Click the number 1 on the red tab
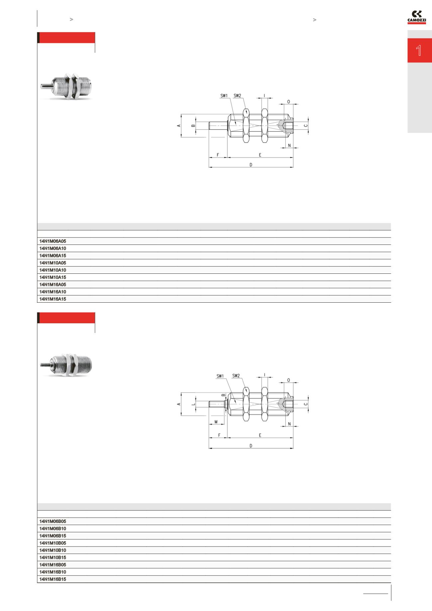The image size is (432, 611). coord(419,51)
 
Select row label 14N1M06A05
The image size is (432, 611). coord(53,241)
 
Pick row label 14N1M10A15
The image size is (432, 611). coord(53,277)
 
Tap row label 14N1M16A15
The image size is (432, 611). coord(53,299)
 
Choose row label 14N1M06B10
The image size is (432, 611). coord(53,529)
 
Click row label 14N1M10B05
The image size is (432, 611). coord(53,543)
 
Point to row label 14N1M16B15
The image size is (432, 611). coord(53,579)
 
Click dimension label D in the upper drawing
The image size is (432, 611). coord(251,164)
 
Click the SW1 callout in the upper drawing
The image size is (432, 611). coord(224,96)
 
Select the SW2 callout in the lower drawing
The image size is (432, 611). coord(236,376)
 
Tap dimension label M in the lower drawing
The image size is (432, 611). coord(216,422)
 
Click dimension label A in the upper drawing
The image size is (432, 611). coord(178,126)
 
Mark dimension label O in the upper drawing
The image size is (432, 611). coord(288,102)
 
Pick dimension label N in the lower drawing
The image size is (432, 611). coord(289,424)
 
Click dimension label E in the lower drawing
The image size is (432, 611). coord(260,435)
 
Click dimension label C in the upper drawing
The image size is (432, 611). coord(305,126)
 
